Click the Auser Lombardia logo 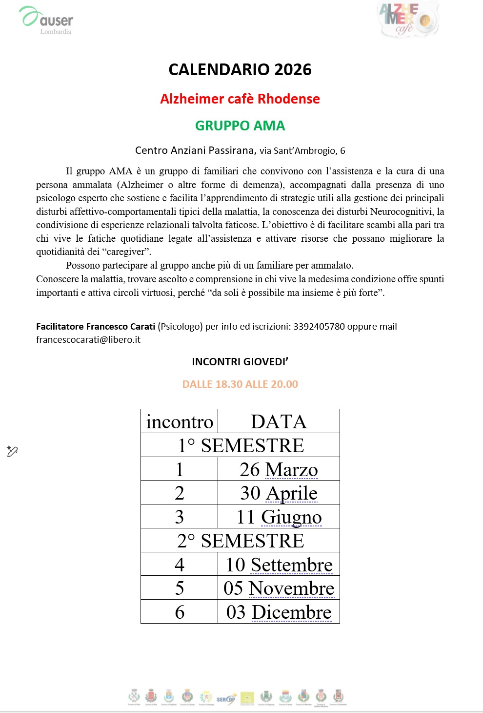click(x=46, y=20)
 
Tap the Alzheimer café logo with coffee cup click(x=408, y=20)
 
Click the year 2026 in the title click(x=293, y=70)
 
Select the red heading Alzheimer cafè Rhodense click(x=240, y=99)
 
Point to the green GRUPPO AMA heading click(x=240, y=126)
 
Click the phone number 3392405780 click(x=319, y=327)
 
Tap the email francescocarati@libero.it click(x=88, y=340)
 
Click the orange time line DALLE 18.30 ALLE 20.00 click(x=240, y=384)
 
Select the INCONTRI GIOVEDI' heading click(x=240, y=362)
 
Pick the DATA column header click(x=279, y=422)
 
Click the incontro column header click(x=180, y=422)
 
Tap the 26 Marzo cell click(x=279, y=470)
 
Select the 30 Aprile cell click(x=279, y=493)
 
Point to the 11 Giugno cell click(x=279, y=517)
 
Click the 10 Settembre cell click(x=279, y=565)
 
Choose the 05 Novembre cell click(x=279, y=588)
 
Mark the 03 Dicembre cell click(x=279, y=612)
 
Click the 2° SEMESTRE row click(x=240, y=541)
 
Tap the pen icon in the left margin click(x=12, y=451)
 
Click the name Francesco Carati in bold click(x=121, y=327)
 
